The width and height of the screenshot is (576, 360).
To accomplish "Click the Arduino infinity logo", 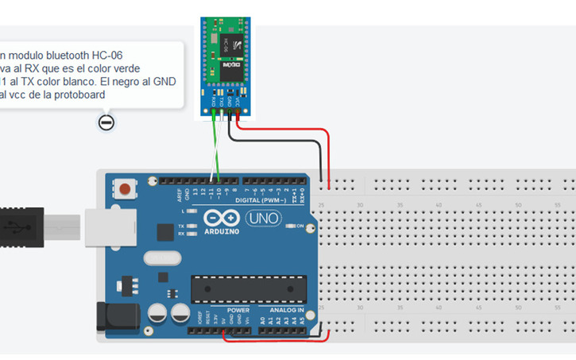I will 221,219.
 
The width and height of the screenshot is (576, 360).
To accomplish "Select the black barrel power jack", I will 111,317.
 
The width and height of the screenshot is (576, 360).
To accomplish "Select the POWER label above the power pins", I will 238,309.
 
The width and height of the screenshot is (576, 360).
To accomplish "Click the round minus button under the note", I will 106,122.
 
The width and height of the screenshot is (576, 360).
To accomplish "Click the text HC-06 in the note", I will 106,56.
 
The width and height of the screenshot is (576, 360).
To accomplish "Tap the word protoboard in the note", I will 79,95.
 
